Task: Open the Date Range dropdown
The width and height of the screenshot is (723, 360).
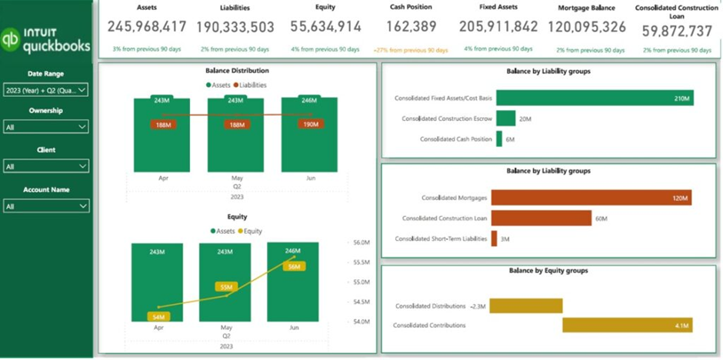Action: tap(46, 90)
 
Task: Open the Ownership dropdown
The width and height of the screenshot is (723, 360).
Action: tap(46, 126)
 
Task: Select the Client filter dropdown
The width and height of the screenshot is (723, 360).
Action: tap(46, 166)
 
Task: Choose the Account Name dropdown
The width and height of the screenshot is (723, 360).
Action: tap(46, 206)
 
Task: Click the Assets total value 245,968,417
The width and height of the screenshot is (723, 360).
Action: tap(147, 27)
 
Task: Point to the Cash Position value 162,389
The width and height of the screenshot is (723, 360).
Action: tap(411, 27)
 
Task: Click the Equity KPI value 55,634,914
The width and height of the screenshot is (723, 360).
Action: tap(325, 27)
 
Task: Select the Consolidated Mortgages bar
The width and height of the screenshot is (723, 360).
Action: tap(591, 198)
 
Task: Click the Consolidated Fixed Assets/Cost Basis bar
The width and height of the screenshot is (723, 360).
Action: tap(594, 98)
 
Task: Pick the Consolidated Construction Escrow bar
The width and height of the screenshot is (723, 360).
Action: tap(505, 118)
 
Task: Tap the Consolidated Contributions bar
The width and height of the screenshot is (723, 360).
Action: tap(627, 325)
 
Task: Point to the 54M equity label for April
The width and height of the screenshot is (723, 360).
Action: tap(159, 316)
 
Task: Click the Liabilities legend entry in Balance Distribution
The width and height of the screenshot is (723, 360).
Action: tap(254, 85)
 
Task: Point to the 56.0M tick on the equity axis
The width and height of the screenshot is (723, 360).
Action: tap(361, 242)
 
